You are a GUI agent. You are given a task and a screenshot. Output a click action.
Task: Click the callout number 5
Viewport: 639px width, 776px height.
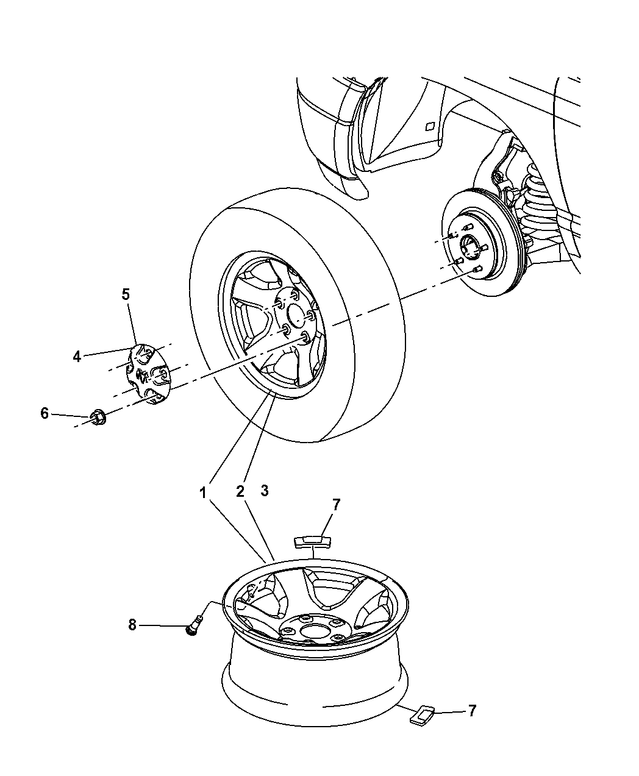tap(126, 294)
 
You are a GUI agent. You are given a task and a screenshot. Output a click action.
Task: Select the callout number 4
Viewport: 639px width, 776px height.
tap(77, 357)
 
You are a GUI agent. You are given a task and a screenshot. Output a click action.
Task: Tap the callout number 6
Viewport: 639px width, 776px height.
tap(44, 413)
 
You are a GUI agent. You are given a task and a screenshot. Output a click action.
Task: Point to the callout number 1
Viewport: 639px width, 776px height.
tap(204, 491)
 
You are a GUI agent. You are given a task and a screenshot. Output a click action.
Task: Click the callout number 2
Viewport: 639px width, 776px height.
tap(240, 491)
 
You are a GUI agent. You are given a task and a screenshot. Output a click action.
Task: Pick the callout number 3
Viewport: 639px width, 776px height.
tap(264, 491)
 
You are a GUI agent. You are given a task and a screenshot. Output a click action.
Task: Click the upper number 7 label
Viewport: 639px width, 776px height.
tap(336, 504)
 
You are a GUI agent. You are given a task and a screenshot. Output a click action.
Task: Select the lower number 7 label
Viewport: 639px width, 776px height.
tap(471, 710)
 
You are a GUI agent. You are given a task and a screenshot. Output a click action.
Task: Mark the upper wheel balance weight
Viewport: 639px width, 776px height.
tap(312, 541)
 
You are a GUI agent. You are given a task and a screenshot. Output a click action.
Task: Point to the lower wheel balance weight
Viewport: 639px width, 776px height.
tap(421, 715)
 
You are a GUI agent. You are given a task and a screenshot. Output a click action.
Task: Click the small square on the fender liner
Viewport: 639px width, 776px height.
tap(429, 126)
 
